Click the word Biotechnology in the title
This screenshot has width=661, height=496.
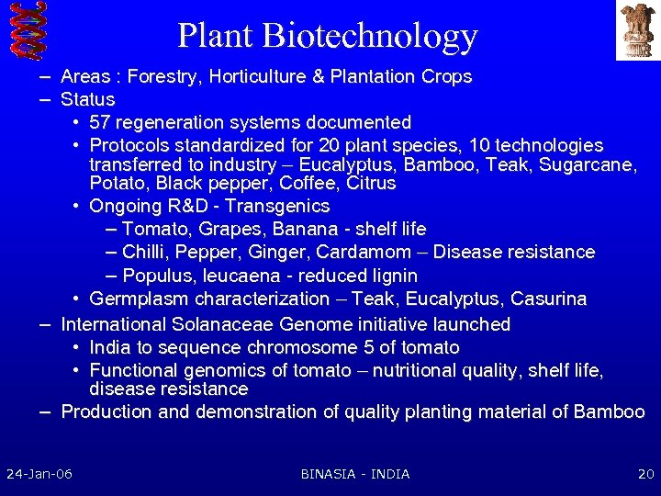[369, 35]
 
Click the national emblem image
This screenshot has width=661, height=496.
[637, 30]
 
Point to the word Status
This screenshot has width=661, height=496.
[88, 99]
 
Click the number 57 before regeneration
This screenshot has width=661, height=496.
[101, 122]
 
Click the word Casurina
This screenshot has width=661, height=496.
[548, 299]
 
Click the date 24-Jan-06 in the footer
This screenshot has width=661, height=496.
[39, 474]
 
